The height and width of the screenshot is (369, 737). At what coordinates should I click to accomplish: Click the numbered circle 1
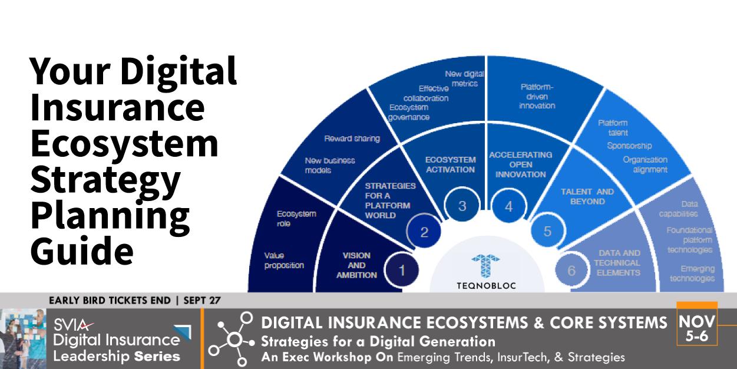402,271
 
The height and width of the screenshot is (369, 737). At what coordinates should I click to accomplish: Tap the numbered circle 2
424,232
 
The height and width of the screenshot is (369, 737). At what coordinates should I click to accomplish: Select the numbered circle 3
462,206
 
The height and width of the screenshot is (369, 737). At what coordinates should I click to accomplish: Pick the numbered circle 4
508,206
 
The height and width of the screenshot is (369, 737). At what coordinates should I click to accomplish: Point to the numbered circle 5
547,232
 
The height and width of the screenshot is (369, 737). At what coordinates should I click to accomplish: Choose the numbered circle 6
570,271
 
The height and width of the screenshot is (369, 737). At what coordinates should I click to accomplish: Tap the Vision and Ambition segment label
356,265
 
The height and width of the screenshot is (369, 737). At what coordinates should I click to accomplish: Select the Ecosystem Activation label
450,164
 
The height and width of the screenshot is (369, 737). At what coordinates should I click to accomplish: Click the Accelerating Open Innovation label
520,164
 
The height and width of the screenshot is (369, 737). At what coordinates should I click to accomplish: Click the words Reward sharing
352,139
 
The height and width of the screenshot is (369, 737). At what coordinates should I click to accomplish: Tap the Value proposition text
285,261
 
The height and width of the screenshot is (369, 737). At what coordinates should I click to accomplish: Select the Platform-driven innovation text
537,97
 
